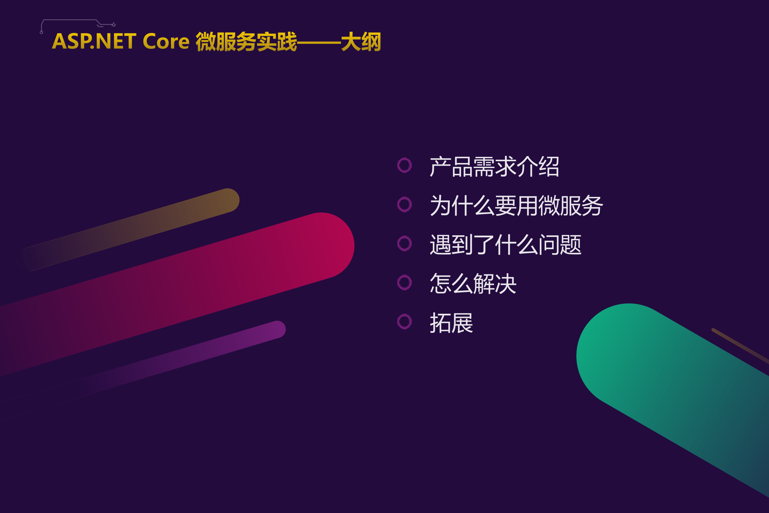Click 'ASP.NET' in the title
94,41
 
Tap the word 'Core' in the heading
166,41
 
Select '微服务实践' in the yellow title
246,42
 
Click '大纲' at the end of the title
361,42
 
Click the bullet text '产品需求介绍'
494,167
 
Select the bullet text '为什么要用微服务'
516,206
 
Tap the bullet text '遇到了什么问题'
505,245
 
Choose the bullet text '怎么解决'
473,284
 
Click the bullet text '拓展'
451,323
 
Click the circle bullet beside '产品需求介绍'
404,165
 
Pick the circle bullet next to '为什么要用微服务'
404,204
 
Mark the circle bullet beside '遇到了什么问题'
404,243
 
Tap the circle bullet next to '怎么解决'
404,282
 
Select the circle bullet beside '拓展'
404,322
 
